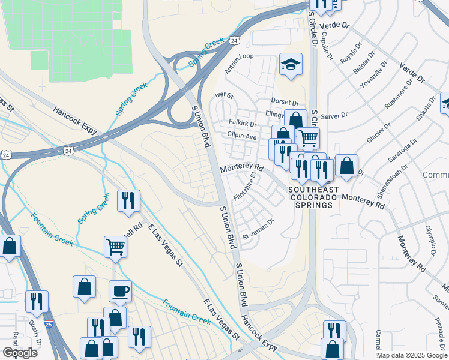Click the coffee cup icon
pyautogui.click(x=120, y=291)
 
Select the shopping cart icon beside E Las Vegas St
pyautogui.click(x=115, y=246)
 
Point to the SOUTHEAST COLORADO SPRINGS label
pyautogui.click(x=313, y=197)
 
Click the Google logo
pyautogui.click(x=20, y=353)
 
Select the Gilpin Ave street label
pyautogui.click(x=242, y=137)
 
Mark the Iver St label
pyautogui.click(x=223, y=95)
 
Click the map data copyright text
pyautogui.click(x=412, y=355)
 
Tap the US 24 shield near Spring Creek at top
pyautogui.click(x=234, y=40)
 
